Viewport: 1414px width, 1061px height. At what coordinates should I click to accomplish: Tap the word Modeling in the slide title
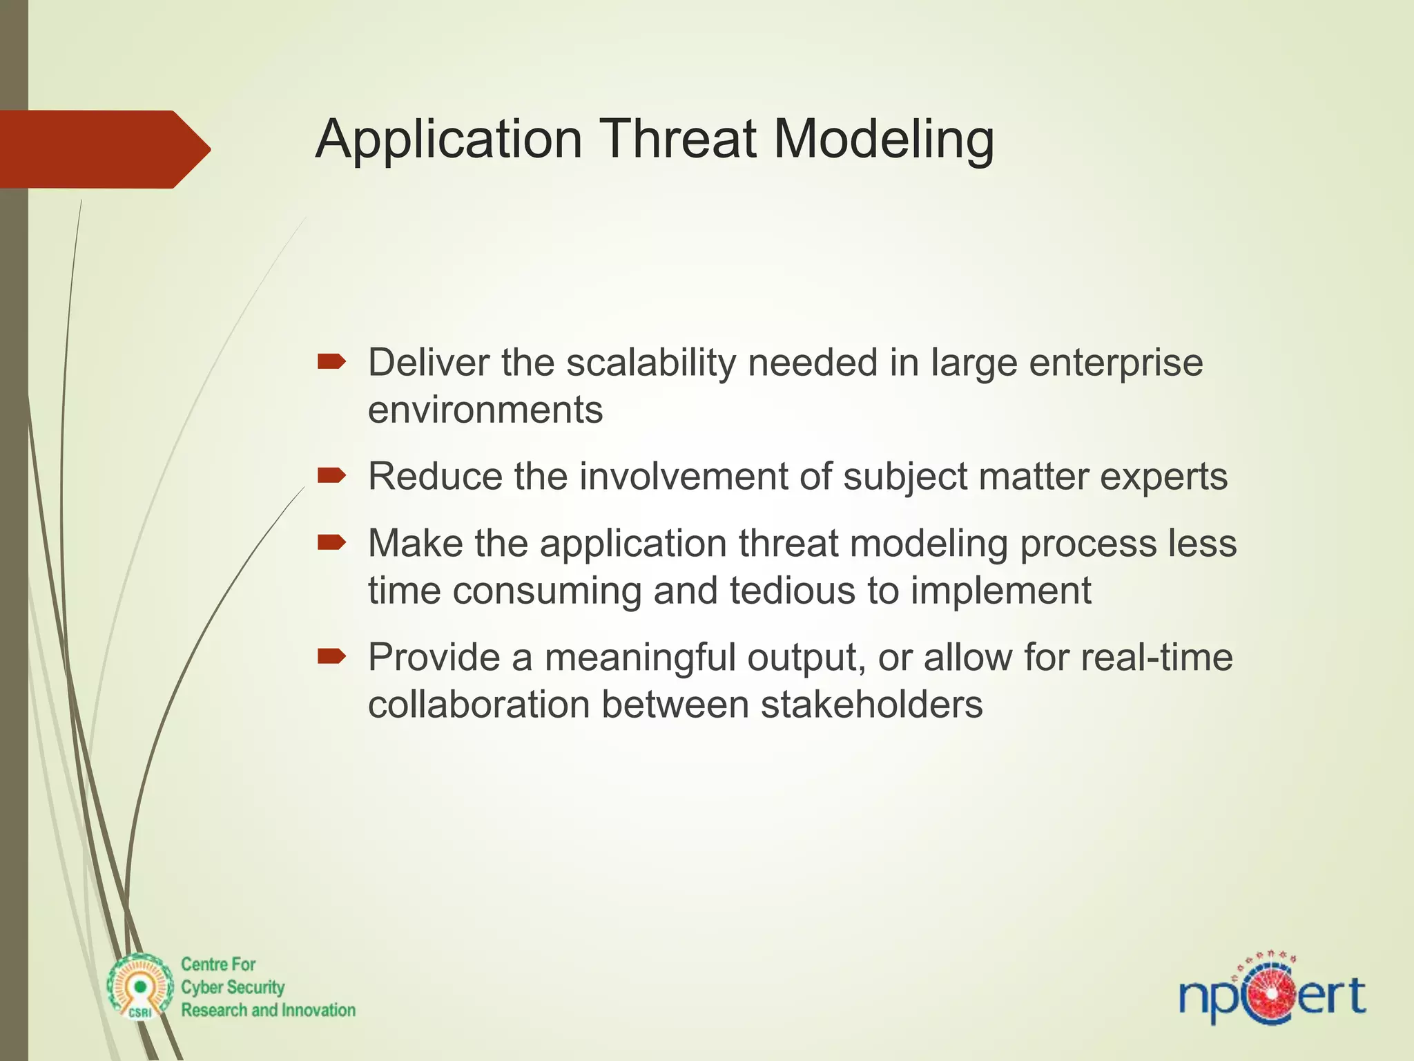point(884,140)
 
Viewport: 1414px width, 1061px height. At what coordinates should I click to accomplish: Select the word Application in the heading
point(449,140)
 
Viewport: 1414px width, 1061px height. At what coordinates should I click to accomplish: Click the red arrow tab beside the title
point(104,149)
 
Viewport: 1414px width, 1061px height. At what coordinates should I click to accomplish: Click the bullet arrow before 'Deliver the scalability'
point(331,361)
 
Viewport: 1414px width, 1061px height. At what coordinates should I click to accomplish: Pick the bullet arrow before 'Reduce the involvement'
point(331,475)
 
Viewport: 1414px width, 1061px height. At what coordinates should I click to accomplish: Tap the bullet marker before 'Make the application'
point(331,542)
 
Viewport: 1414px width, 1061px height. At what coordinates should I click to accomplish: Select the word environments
point(485,410)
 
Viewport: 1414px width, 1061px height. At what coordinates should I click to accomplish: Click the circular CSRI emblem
point(140,987)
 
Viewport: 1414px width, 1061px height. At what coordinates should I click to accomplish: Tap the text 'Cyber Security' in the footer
point(233,987)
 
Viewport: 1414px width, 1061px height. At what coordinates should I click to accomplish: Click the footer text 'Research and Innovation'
point(268,1010)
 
